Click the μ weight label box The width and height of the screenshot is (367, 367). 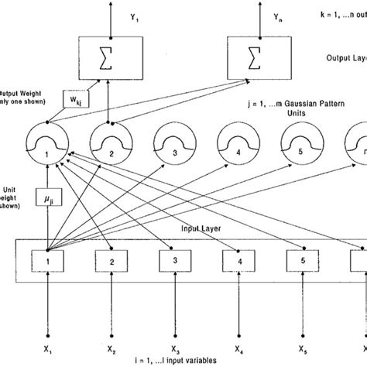(49, 203)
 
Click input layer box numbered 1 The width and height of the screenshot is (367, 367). (49, 262)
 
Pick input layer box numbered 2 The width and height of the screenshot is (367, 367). (111, 262)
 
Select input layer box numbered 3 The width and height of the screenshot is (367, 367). (173, 262)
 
